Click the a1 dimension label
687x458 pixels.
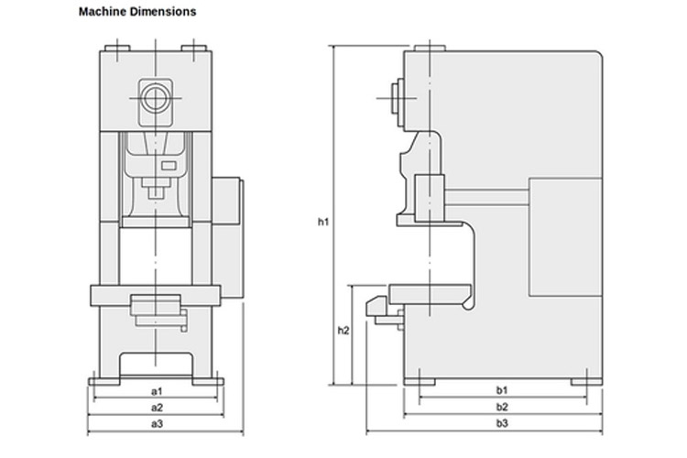[157, 391]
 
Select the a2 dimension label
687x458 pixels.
[157, 408]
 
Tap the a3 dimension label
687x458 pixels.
[157, 424]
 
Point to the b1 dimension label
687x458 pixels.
[502, 390]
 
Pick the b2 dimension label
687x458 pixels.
[502, 407]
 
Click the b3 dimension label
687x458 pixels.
[502, 423]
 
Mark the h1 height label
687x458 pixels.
[323, 222]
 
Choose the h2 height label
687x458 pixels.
[343, 331]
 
